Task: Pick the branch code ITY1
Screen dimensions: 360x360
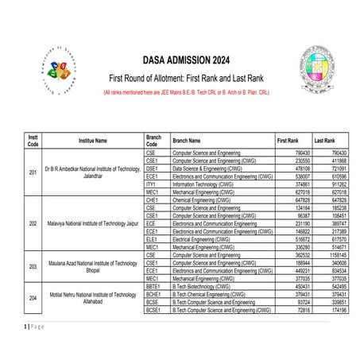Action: (152, 184)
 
